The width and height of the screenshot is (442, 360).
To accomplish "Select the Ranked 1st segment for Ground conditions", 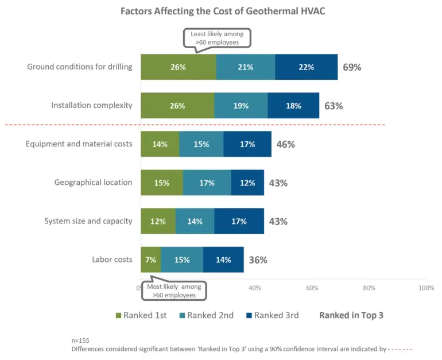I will (178, 67).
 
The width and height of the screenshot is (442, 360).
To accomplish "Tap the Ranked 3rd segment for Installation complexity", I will (293, 106).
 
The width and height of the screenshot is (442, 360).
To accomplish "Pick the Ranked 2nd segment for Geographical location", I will (207, 183).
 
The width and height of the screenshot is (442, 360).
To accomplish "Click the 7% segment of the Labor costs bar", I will (150, 260).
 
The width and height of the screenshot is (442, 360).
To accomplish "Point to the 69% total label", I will (352, 67).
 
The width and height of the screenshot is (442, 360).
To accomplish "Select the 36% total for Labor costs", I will (258, 260).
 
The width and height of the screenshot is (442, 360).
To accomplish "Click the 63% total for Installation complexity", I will (334, 106).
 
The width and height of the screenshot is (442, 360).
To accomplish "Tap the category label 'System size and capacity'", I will (88, 221).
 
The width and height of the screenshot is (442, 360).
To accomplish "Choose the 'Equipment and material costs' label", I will (79, 144).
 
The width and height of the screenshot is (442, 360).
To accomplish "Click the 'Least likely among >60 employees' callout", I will (218, 38).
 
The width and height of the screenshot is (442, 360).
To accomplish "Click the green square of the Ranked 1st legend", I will (119, 315).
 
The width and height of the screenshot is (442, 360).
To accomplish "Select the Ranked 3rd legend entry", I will (272, 315).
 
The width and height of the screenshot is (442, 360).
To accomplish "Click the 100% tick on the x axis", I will (426, 288).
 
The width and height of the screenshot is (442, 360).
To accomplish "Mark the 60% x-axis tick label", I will (312, 288).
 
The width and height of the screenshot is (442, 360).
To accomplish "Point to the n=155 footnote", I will (80, 340).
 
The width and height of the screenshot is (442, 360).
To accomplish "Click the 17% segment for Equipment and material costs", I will (247, 144).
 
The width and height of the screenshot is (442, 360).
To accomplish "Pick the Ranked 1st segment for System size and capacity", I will (158, 221).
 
